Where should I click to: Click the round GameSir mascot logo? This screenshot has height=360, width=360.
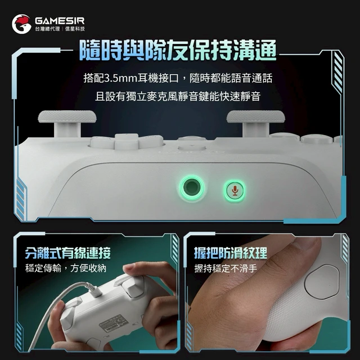pyautogui.click(x=21, y=24)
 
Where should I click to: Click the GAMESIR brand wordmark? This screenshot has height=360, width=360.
pyautogui.click(x=60, y=21)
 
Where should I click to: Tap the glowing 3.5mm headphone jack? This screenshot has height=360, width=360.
pyautogui.click(x=191, y=187)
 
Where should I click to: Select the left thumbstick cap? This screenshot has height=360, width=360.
pyautogui.click(x=67, y=116)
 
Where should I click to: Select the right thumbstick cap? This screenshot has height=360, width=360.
pyautogui.click(x=256, y=116)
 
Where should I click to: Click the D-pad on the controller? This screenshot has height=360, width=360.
pyautogui.click(x=127, y=142)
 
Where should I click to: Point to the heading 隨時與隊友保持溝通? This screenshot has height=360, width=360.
pyautogui.click(x=178, y=50)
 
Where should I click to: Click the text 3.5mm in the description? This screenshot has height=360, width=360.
pyautogui.click(x=121, y=78)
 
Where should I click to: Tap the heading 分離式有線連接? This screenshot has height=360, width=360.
pyautogui.click(x=68, y=253)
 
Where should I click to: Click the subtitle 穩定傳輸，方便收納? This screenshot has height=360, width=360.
pyautogui.click(x=66, y=268)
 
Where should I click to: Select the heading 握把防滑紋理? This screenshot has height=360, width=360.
pyautogui.click(x=231, y=253)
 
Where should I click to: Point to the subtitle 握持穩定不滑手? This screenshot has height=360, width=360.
pyautogui.click(x=226, y=268)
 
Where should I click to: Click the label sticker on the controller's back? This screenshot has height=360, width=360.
pyautogui.click(x=112, y=324)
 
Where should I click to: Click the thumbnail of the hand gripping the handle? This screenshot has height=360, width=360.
pyautogui.click(x=267, y=292)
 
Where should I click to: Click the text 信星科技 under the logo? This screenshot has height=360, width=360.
pyautogui.click(x=75, y=29)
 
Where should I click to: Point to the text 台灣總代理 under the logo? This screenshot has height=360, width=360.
pyautogui.click(x=47, y=29)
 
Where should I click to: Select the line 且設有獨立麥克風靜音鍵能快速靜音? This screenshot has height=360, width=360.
pyautogui.click(x=178, y=96)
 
